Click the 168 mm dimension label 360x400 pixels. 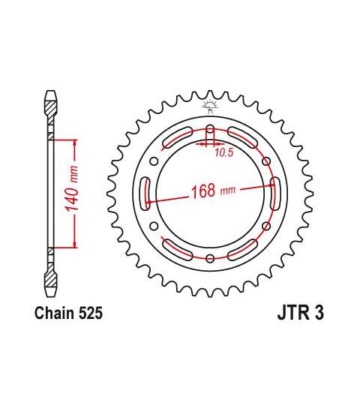point(213,191)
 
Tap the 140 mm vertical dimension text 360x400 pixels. point(72,189)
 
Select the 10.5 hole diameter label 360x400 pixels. point(223,152)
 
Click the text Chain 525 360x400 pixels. point(68,313)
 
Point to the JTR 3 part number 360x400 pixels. point(300,313)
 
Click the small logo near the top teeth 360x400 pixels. point(210,107)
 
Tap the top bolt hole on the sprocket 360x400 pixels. point(210,130)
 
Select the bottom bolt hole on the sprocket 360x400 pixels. point(210,258)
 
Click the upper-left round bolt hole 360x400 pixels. point(154,161)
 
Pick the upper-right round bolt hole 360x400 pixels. point(266,161)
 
